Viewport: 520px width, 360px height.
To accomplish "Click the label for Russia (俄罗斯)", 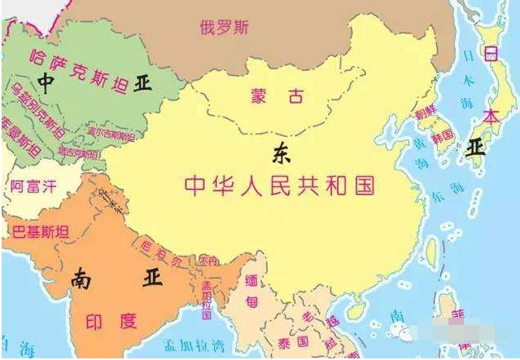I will (x=225, y=26).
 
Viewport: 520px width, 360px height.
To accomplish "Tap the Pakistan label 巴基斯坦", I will (x=42, y=230).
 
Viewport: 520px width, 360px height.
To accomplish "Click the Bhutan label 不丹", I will (x=207, y=261).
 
